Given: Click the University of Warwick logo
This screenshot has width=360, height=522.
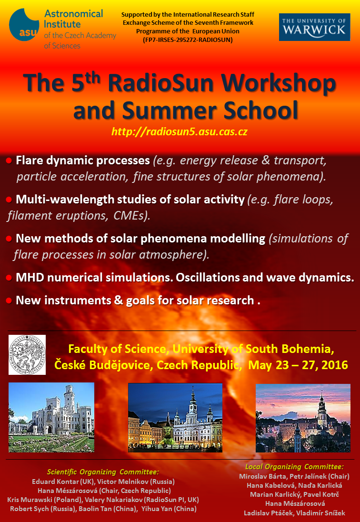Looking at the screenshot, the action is point(314,27).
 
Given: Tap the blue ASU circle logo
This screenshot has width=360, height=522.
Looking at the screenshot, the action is point(24,25).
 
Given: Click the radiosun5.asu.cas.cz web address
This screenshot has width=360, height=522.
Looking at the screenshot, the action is point(180,132).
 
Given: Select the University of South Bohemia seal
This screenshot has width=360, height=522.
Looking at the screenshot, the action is point(27,355).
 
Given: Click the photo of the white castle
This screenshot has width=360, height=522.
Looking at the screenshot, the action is point(51,417).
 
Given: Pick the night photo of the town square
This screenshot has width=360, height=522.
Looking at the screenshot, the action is point(175,418).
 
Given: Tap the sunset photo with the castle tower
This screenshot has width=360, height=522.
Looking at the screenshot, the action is point(303,418).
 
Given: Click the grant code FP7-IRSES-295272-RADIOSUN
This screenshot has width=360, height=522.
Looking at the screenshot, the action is point(188,40).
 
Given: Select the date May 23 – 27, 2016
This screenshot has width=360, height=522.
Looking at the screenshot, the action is point(298,365).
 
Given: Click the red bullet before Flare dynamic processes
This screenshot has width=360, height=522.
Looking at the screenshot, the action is point(9,161).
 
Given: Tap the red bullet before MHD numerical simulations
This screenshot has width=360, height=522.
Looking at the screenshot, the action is point(9,278).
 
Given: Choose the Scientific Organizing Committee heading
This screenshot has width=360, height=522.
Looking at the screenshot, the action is point(103,472).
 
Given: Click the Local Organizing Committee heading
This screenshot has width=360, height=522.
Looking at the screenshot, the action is point(294,467).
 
